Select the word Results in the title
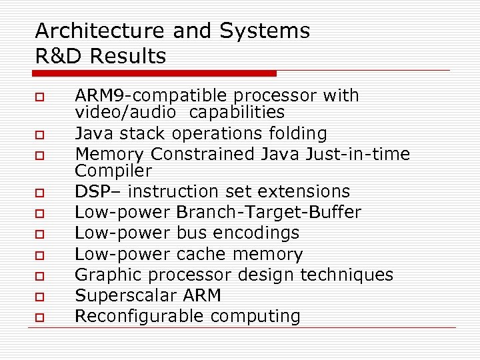pyautogui.click(x=129, y=57)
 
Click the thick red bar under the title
pyautogui.click(x=155, y=73)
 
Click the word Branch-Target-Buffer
pyautogui.click(x=269, y=213)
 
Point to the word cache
pyautogui.click(x=202, y=254)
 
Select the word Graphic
pyautogui.click(x=107, y=275)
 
